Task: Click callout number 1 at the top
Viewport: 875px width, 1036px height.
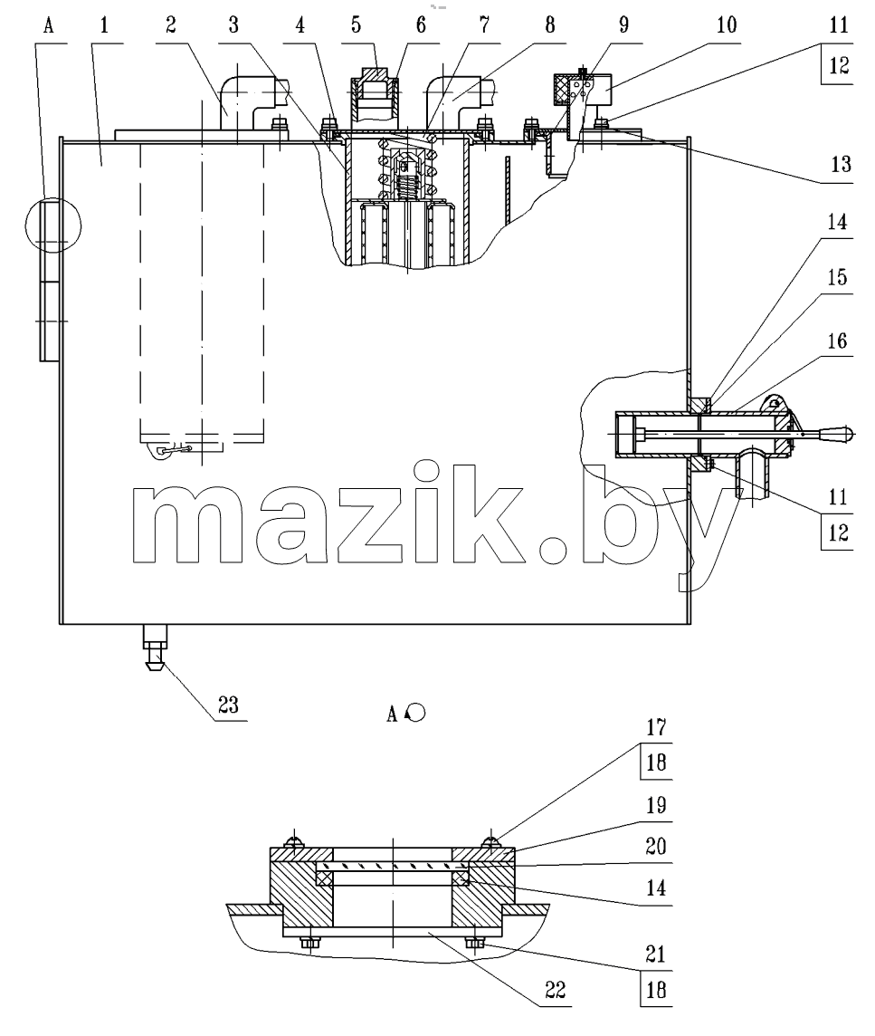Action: point(104,25)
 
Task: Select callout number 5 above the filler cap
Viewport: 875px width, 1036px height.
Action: point(357,25)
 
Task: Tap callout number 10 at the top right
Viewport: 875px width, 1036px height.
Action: point(727,25)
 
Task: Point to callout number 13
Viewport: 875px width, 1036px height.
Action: point(841,164)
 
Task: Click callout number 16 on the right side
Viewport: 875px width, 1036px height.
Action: point(837,341)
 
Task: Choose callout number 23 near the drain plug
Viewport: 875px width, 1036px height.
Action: point(228,705)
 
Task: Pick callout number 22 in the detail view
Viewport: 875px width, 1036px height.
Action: point(556,990)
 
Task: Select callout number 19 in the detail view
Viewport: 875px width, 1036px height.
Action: point(656,805)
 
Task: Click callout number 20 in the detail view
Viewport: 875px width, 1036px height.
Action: point(656,847)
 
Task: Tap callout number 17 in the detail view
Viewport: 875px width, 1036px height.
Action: point(656,727)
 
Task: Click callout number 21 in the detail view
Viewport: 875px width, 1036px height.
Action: point(656,954)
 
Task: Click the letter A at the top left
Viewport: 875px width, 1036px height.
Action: point(48,25)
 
